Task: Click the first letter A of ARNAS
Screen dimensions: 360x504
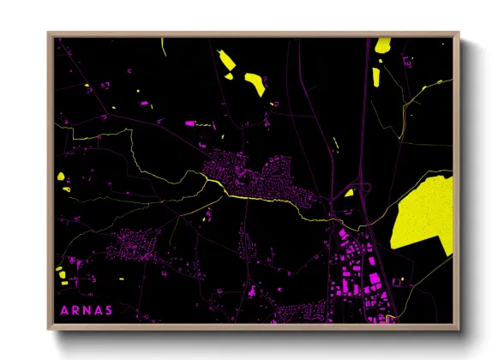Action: [x=63, y=309]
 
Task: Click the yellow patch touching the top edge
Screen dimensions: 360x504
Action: [x=382, y=47]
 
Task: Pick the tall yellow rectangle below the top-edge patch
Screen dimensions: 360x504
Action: [x=376, y=76]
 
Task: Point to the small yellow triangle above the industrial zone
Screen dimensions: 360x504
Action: [x=349, y=193]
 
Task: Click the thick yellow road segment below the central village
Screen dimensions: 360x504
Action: [x=257, y=198]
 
